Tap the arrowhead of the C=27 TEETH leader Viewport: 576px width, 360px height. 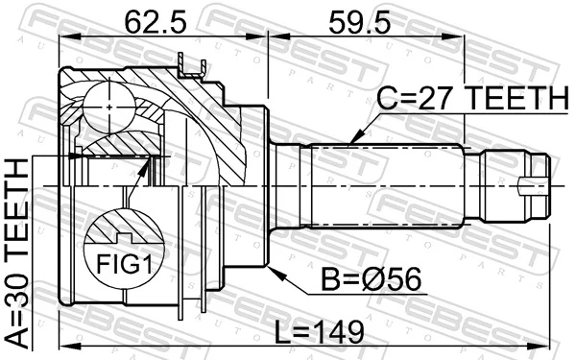352,142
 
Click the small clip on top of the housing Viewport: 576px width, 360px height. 193,65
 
